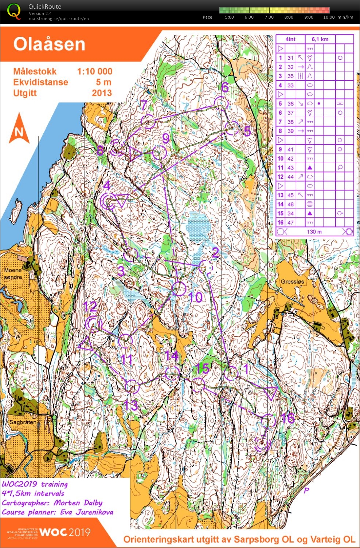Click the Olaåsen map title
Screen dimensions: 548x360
coord(49,44)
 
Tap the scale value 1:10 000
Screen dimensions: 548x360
coord(94,71)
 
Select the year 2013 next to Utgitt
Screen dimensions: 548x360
coord(102,93)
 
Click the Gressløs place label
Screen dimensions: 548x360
coord(292,281)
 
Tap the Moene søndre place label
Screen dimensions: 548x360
coord(13,273)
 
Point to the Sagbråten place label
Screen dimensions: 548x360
coord(23,422)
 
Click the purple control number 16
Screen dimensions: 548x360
coord(287,418)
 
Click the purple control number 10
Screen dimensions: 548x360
coord(195,297)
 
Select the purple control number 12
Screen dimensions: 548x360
coord(90,306)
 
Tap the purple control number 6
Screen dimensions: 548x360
coord(225,87)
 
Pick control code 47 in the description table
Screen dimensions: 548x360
coord(290,222)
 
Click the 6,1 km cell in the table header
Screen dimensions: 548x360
coord(320,39)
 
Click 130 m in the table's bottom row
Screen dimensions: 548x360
coord(314,232)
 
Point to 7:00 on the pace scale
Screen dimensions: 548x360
coord(269,17)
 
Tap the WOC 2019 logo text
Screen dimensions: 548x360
coord(65,532)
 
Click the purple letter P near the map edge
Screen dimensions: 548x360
coord(306,490)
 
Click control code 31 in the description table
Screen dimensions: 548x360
coord(290,58)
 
